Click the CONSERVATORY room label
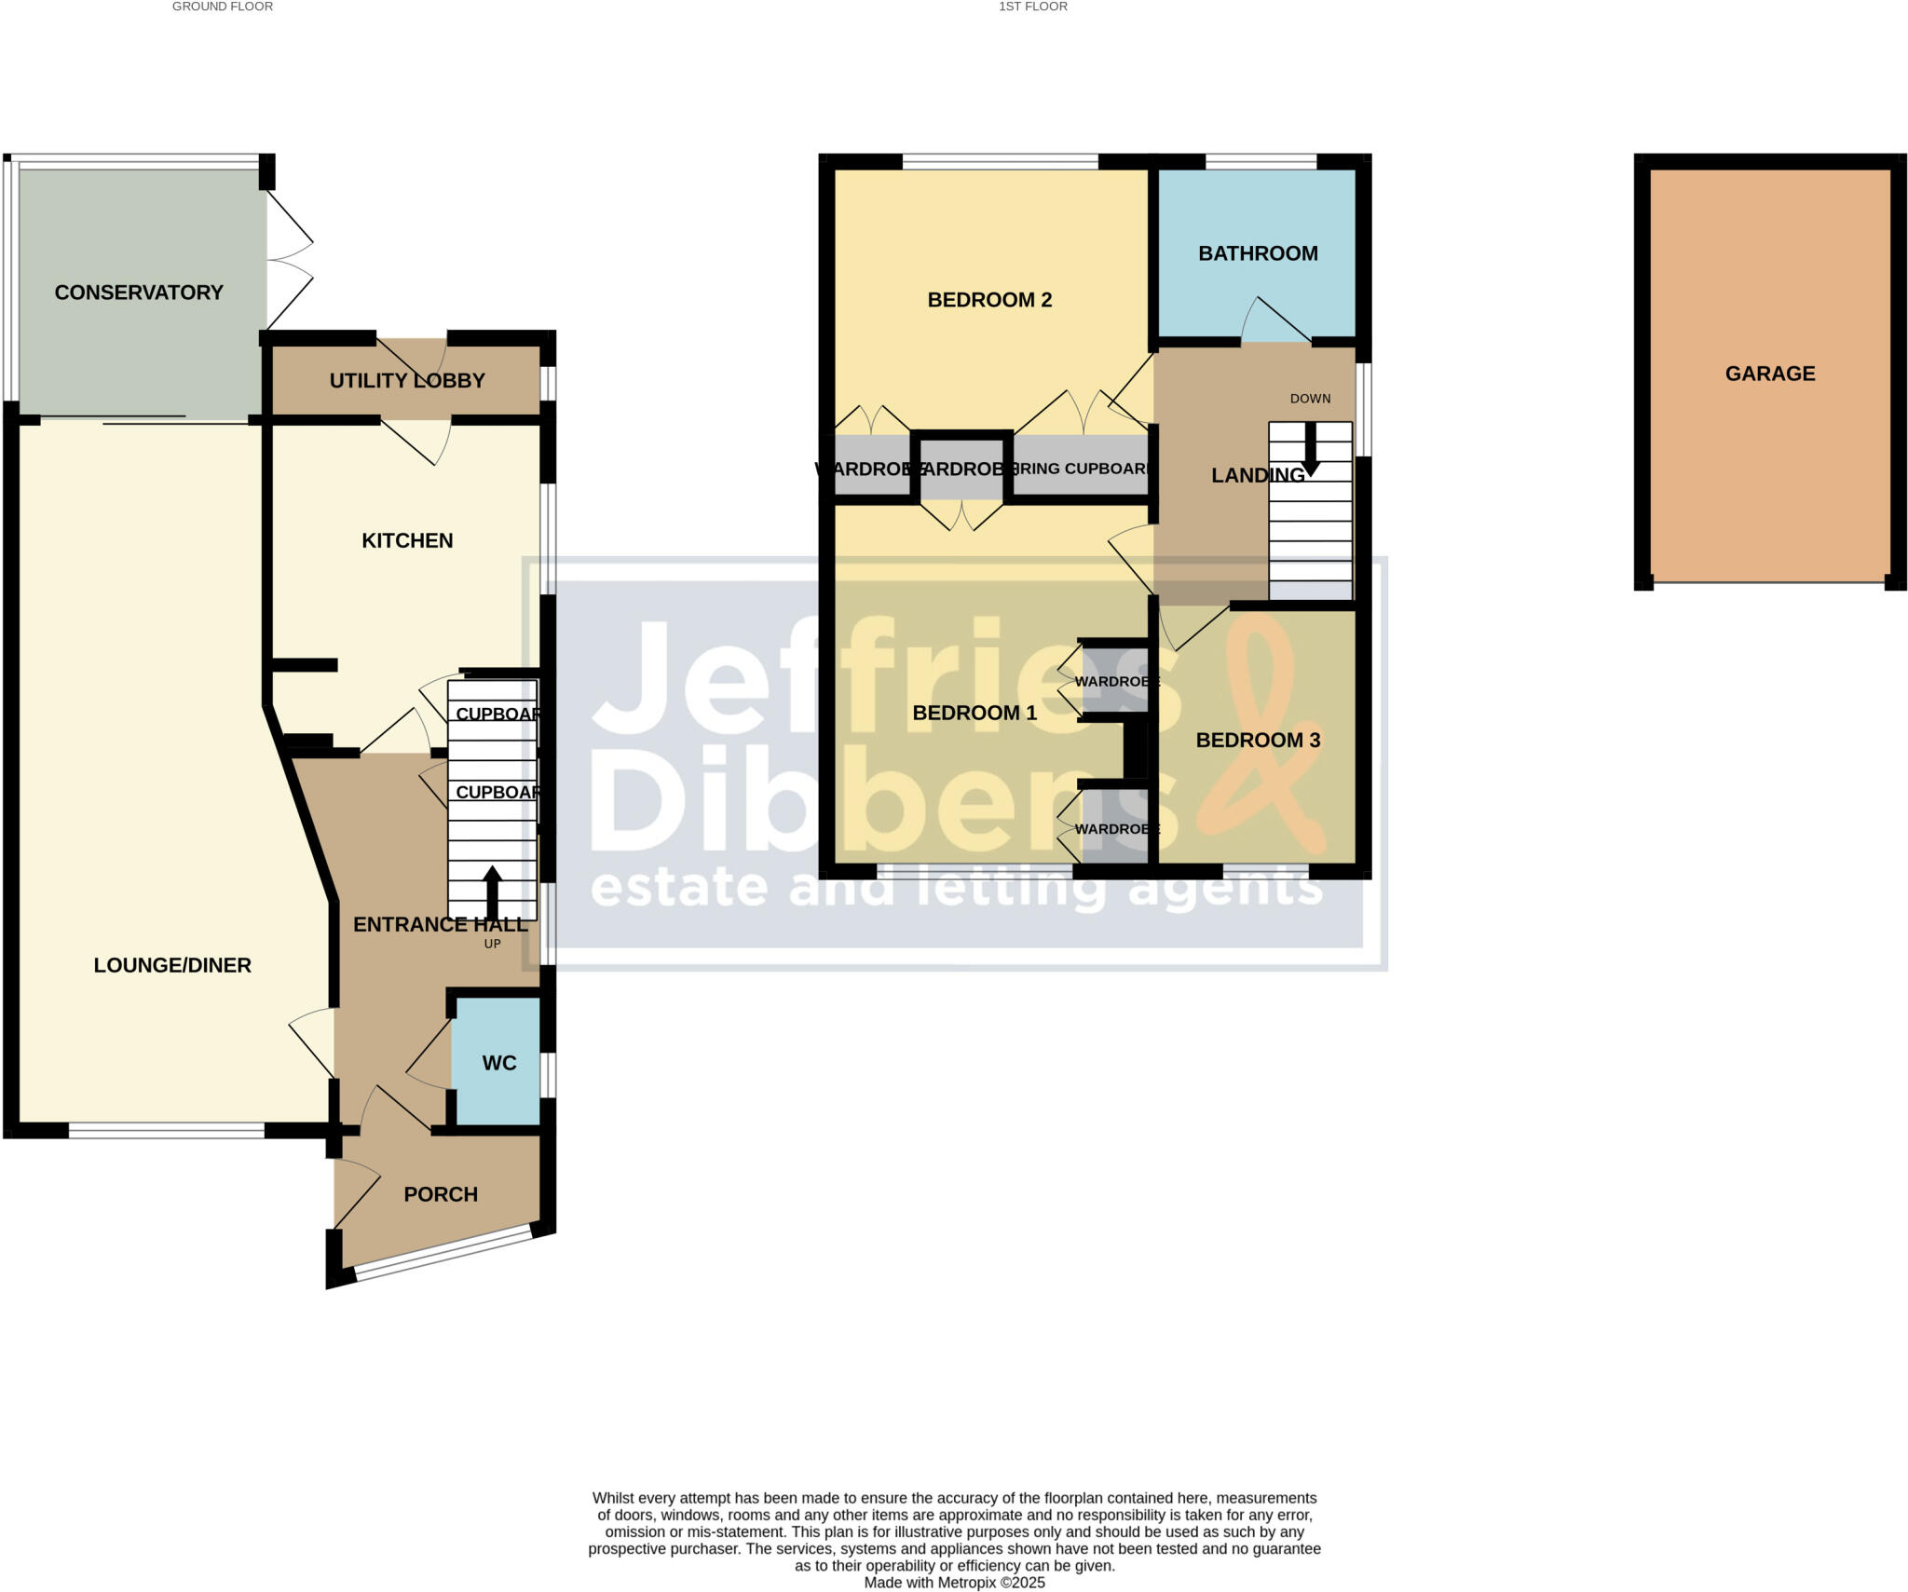tap(139, 293)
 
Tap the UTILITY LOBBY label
tap(407, 380)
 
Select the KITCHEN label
tap(407, 540)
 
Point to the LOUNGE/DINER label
tap(172, 965)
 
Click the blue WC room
tap(498, 1063)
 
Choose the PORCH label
tap(441, 1194)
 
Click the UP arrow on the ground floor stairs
tap(492, 892)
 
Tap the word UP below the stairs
tap(493, 944)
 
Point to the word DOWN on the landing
tap(1310, 399)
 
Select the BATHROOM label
tap(1258, 253)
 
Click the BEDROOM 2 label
tap(989, 300)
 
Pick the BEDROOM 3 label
tap(1258, 741)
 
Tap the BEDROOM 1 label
tap(974, 714)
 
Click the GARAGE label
tap(1770, 374)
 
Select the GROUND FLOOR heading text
tap(223, 7)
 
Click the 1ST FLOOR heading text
tap(1033, 7)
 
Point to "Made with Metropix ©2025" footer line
tap(954, 1583)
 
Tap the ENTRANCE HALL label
tap(441, 924)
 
